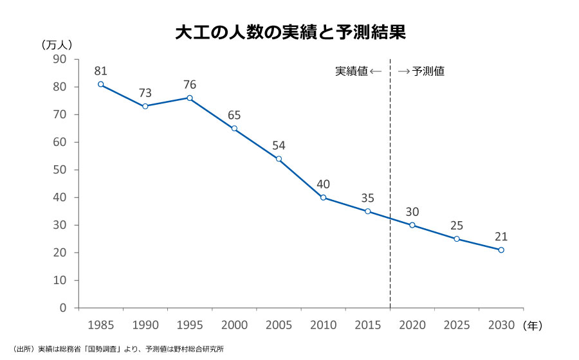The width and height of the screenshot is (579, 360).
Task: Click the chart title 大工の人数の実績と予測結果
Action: pyautogui.click(x=290, y=33)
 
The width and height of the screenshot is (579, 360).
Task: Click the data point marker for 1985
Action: pyautogui.click(x=100, y=84)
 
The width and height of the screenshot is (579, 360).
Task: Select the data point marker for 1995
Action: pyautogui.click(x=190, y=98)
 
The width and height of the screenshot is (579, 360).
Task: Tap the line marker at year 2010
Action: pyautogui.click(x=323, y=197)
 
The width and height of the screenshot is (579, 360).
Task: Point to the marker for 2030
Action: pyautogui.click(x=501, y=250)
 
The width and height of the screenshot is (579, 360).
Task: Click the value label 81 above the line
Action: pyautogui.click(x=100, y=71)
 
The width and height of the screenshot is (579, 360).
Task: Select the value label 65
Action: pyautogui.click(x=234, y=116)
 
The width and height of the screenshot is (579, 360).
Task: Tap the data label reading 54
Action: pyautogui.click(x=279, y=146)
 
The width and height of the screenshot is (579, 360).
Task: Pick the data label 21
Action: pyautogui.click(x=501, y=237)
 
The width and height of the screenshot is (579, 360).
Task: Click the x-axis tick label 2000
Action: pyautogui.click(x=234, y=325)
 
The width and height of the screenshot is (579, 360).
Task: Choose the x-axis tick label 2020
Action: pyautogui.click(x=412, y=325)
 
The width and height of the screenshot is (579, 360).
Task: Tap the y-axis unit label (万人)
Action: pyautogui.click(x=59, y=45)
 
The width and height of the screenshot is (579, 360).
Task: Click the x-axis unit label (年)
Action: pyautogui.click(x=533, y=325)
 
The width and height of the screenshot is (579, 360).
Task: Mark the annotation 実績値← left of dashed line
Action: pyautogui.click(x=359, y=71)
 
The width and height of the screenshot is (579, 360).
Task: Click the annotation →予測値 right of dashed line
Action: pyautogui.click(x=421, y=71)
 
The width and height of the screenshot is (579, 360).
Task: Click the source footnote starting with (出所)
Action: pyautogui.click(x=118, y=349)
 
